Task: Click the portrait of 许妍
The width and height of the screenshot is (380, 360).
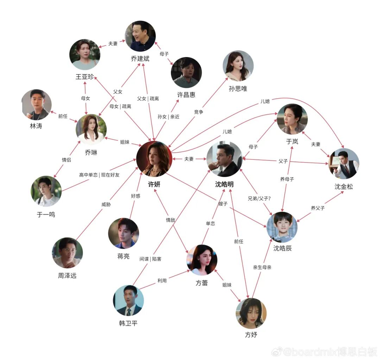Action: pyautogui.click(x=154, y=159)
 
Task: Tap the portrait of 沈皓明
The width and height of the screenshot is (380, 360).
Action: pyautogui.click(x=224, y=159)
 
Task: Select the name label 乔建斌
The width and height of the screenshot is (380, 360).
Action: pyautogui.click(x=140, y=59)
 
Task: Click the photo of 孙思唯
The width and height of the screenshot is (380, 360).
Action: pyautogui.click(x=238, y=66)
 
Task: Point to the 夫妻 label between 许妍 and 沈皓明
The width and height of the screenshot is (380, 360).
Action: pyautogui.click(x=189, y=159)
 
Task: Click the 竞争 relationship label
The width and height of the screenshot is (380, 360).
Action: pyautogui.click(x=199, y=112)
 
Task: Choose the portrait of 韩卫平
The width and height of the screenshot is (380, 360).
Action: pyautogui.click(x=128, y=300)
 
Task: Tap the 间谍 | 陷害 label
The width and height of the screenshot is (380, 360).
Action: pyautogui.click(x=150, y=259)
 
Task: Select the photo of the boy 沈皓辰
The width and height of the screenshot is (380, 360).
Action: pyautogui.click(x=282, y=227)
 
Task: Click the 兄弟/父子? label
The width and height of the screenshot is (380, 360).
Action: pyautogui.click(x=259, y=198)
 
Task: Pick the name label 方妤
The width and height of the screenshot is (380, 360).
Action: pyautogui.click(x=251, y=335)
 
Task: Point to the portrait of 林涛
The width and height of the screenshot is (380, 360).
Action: pyautogui.click(x=37, y=105)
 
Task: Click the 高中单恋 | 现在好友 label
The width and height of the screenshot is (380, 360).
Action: pyautogui.click(x=99, y=175)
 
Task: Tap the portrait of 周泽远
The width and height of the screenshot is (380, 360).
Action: pyautogui.click(x=67, y=253)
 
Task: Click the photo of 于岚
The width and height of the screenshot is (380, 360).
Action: pyautogui.click(x=292, y=119)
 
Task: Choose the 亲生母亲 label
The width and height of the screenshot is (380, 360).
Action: pyautogui.click(x=262, y=267)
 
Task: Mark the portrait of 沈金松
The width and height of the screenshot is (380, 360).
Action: pyautogui.click(x=343, y=164)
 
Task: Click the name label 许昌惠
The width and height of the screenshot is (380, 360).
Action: pyautogui.click(x=186, y=95)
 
